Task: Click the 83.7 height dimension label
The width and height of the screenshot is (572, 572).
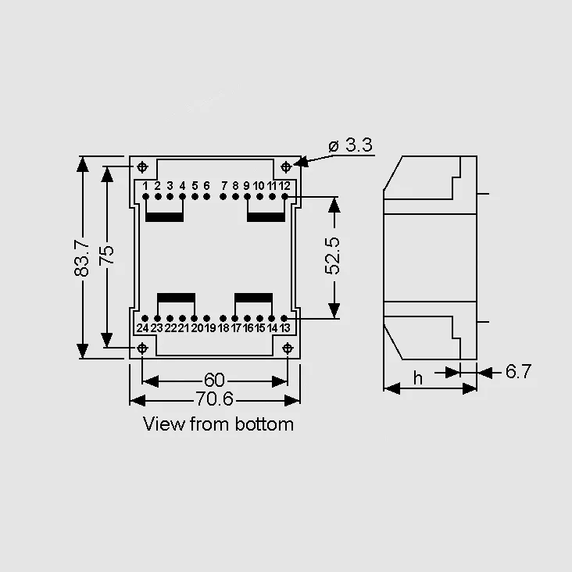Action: tap(81, 258)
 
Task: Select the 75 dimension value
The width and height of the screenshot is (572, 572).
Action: tap(106, 255)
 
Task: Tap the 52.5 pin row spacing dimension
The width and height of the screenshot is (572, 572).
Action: tap(332, 256)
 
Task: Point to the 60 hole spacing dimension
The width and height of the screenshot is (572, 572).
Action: tap(214, 380)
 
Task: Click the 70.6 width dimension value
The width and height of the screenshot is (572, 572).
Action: tap(214, 399)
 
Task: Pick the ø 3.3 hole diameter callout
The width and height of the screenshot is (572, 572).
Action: tap(351, 145)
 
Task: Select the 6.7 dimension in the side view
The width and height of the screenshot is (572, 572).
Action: tap(518, 372)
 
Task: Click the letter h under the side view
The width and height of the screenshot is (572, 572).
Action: tap(418, 378)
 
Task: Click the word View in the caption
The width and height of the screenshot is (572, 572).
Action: tap(164, 424)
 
